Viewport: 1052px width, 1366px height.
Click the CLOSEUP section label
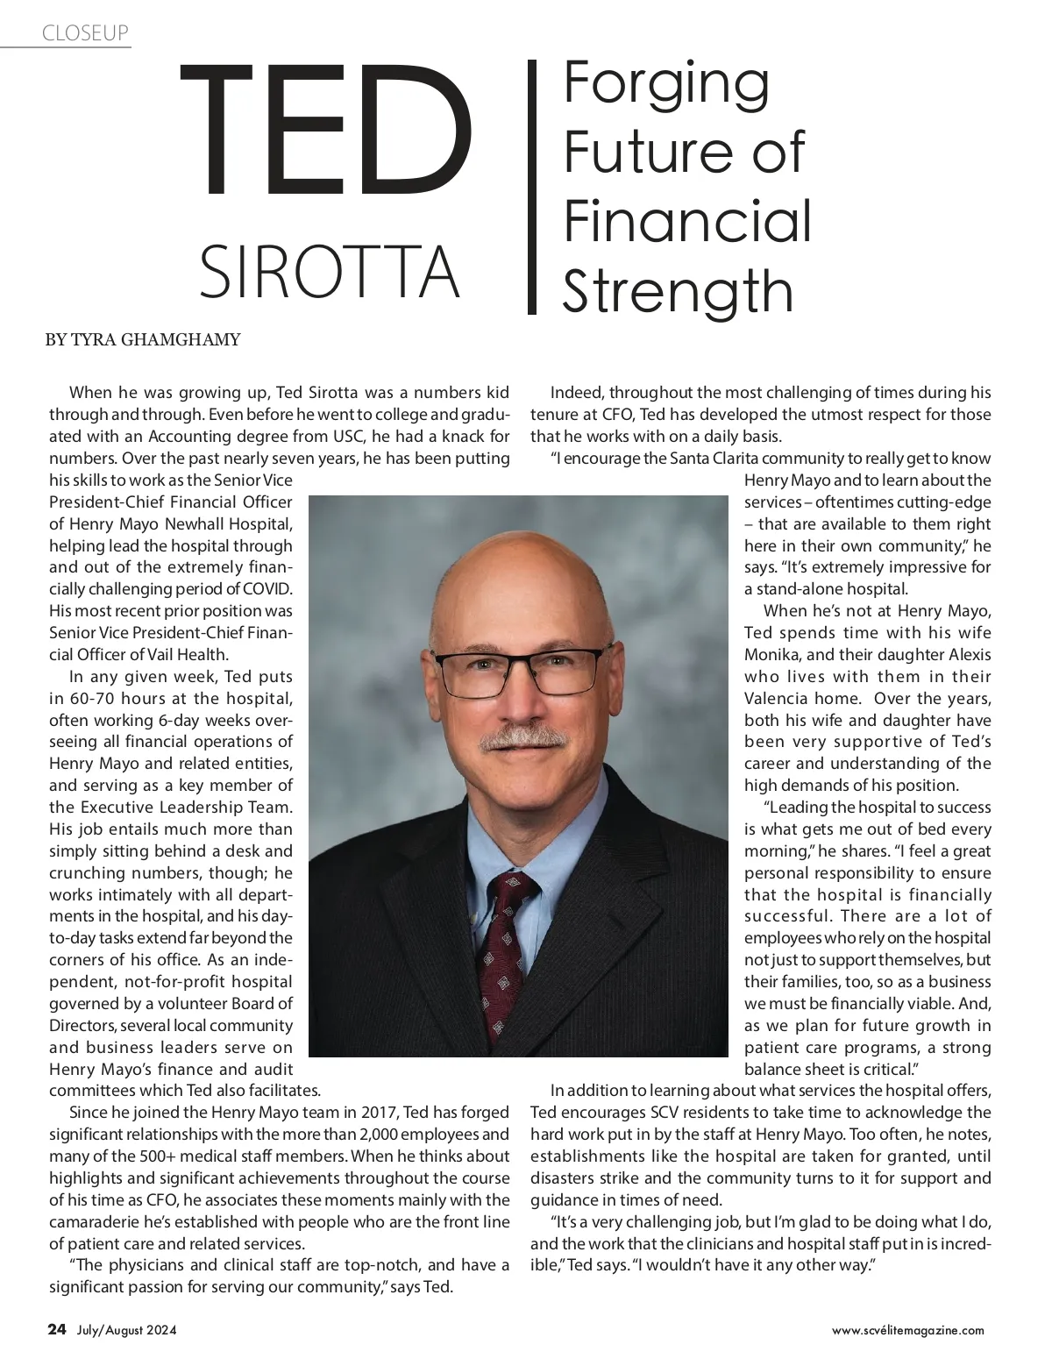click(x=85, y=33)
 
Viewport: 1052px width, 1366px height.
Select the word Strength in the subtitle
click(x=678, y=291)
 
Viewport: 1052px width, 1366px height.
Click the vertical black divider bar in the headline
click(x=531, y=187)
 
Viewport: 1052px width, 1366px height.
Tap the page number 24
click(x=57, y=1329)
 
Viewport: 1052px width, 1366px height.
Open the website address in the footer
click(x=907, y=1330)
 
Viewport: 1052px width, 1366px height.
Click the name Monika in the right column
click(x=771, y=655)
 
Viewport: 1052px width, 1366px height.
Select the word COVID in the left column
click(x=267, y=589)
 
